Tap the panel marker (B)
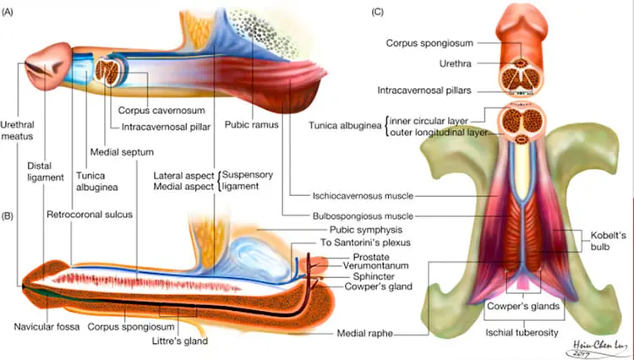coord(12,216)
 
